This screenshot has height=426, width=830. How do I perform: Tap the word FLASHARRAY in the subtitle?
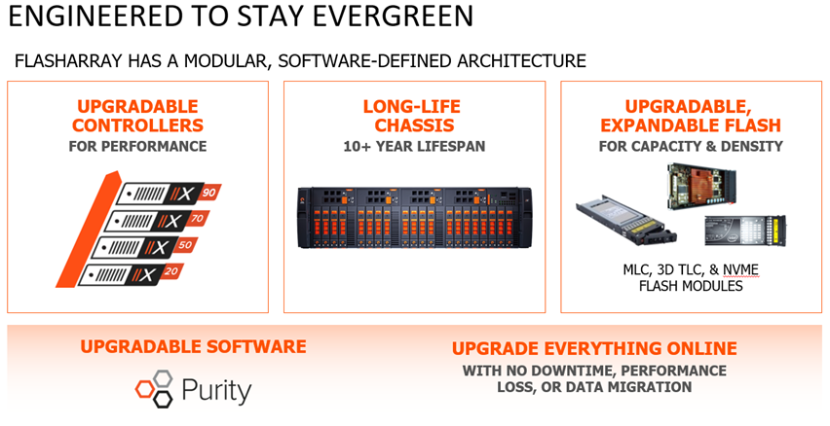68,60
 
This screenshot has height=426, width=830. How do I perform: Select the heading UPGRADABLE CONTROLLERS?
137,116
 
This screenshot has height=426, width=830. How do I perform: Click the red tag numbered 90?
209,193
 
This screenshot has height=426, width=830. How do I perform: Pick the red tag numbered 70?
198,218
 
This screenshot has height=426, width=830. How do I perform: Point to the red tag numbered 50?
185,245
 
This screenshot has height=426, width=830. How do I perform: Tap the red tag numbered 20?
171,271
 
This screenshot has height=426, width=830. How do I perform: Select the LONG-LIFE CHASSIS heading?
412,116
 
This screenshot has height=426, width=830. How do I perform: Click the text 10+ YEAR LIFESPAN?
414,147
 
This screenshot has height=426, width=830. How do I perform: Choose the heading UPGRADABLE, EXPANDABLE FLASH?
691,116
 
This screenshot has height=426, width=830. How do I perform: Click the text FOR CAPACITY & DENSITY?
691,147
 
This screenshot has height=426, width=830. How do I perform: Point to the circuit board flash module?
700,185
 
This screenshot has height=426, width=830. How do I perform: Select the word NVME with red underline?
741,270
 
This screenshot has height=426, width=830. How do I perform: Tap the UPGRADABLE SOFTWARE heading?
193,346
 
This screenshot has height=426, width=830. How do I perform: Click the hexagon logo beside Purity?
155,388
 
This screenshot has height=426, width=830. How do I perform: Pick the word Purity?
216,391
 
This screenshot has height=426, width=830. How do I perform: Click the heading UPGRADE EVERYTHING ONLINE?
594,349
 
